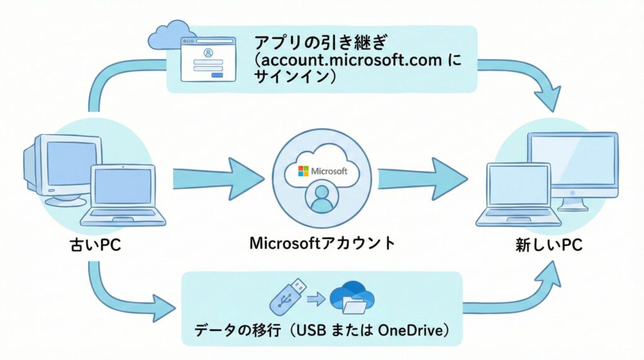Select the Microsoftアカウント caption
pos(323,243)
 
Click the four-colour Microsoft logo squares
pos(303,171)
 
